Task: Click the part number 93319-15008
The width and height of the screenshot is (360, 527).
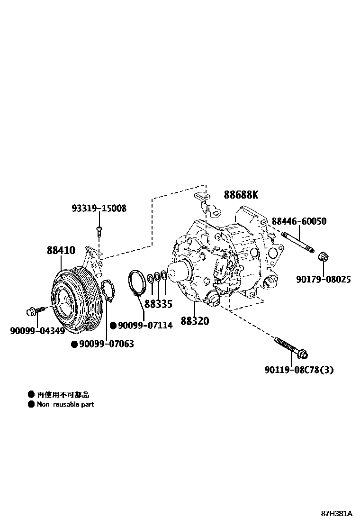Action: point(99,208)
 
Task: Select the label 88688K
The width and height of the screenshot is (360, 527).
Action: point(242,194)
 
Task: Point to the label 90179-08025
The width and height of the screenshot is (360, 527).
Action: point(324,279)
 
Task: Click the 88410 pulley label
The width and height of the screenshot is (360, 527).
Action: point(61,250)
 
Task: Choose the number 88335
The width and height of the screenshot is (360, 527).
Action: point(158,304)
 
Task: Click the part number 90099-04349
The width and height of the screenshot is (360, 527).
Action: point(37,330)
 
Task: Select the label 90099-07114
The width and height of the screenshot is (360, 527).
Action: point(145,325)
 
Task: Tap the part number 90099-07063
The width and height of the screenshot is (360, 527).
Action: point(106,344)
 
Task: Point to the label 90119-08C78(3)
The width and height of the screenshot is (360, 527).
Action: point(299,370)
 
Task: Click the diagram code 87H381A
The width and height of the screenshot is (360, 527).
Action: point(336,513)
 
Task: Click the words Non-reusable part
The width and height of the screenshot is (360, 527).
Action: point(65,404)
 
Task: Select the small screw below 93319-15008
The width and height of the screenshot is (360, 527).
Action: point(99,230)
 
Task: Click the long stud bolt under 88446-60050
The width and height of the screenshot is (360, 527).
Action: point(297,242)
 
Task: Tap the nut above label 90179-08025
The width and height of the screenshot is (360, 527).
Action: point(324,257)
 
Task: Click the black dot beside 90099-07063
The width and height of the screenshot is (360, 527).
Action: point(74,344)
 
